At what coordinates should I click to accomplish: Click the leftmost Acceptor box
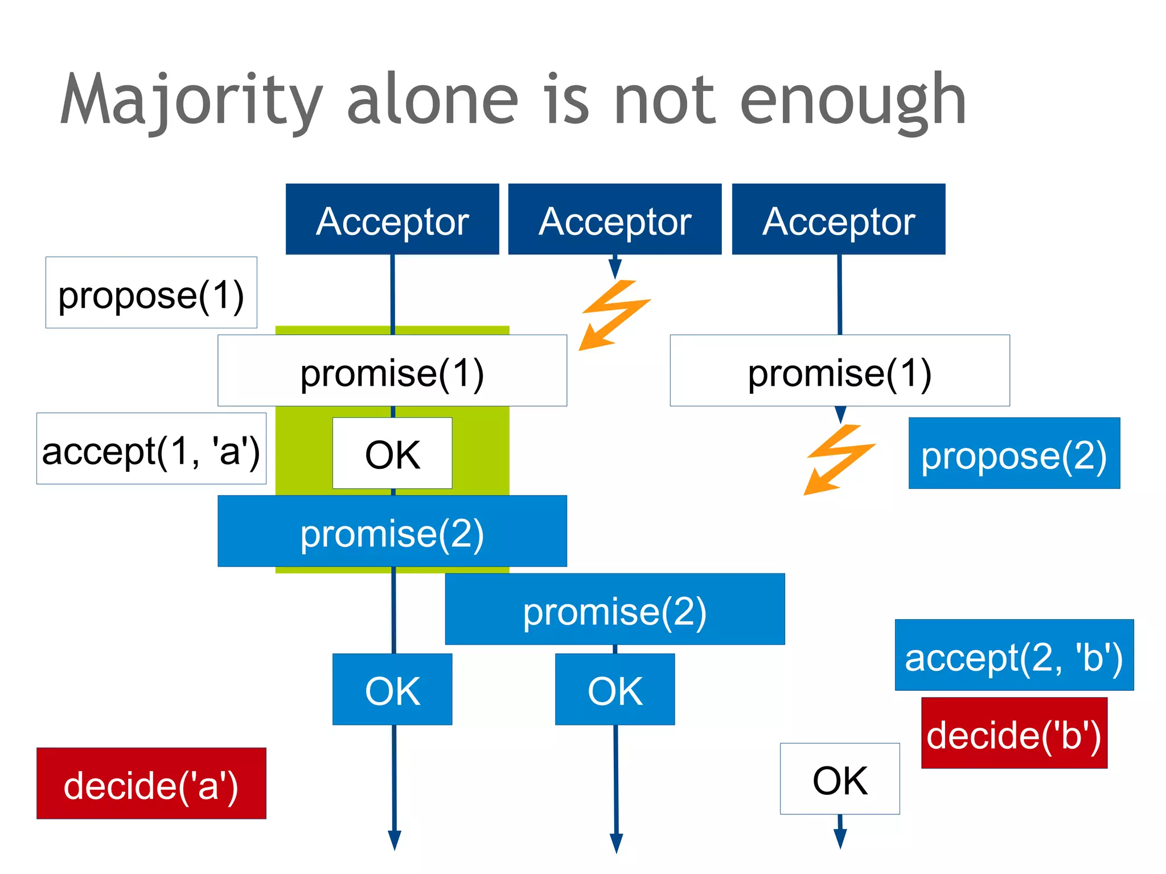point(392,219)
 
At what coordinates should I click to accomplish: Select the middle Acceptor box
point(615,219)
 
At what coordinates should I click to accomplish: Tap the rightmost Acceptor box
point(839,219)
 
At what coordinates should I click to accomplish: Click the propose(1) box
point(151,292)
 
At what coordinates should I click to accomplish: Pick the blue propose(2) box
point(1014,453)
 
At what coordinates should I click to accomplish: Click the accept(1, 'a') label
point(151,448)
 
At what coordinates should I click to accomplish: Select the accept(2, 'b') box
point(1014,655)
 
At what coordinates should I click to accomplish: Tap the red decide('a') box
point(151,784)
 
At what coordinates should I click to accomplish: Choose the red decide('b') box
point(1014,733)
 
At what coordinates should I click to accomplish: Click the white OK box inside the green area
point(392,453)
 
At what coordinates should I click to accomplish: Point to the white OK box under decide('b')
point(840,779)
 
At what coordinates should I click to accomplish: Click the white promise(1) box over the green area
point(392,370)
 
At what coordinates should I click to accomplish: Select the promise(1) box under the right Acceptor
point(840,370)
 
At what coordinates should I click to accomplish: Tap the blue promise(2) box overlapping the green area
point(392,531)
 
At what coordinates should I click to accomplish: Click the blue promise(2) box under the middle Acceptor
point(615,609)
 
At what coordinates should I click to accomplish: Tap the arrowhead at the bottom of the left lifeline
point(395,840)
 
